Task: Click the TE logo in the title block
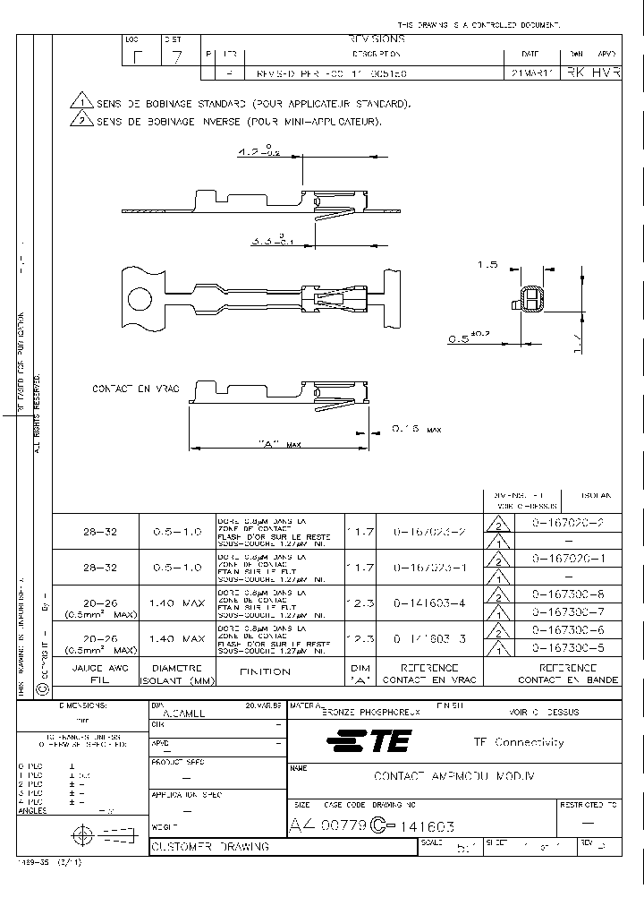pyautogui.click(x=369, y=741)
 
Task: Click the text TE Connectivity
pyautogui.click(x=518, y=741)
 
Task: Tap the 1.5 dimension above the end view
pyautogui.click(x=487, y=266)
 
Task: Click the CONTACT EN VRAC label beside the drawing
pyautogui.click(x=136, y=388)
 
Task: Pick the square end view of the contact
pyautogui.click(x=530, y=301)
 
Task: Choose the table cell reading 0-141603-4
pyautogui.click(x=430, y=603)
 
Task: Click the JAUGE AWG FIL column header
pyautogui.click(x=87, y=673)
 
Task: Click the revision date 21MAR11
pyautogui.click(x=526, y=73)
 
